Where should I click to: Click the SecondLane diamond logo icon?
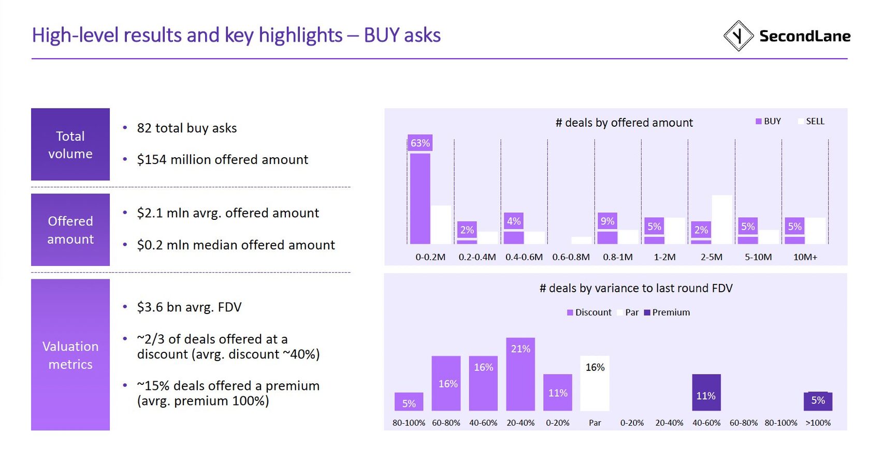(x=738, y=36)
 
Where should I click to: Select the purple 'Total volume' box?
(x=70, y=144)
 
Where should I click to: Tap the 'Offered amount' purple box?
(x=70, y=230)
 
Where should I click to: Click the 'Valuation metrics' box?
(x=70, y=355)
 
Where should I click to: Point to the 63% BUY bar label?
(x=420, y=143)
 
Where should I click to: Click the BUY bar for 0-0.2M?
(x=420, y=199)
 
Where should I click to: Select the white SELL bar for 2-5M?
(x=722, y=219)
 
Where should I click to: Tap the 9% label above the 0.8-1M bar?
(x=607, y=221)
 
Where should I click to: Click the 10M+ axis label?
(x=805, y=257)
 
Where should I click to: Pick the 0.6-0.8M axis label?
(x=571, y=257)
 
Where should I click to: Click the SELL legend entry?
(x=811, y=122)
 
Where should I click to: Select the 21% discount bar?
(x=520, y=375)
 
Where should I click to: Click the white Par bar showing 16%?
(x=595, y=383)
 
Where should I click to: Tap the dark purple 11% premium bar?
(x=706, y=393)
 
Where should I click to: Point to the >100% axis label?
(x=818, y=423)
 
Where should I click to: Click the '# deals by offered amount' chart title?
(x=624, y=123)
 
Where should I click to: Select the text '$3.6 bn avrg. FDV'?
(x=189, y=307)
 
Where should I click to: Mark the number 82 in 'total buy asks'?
(x=144, y=128)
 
